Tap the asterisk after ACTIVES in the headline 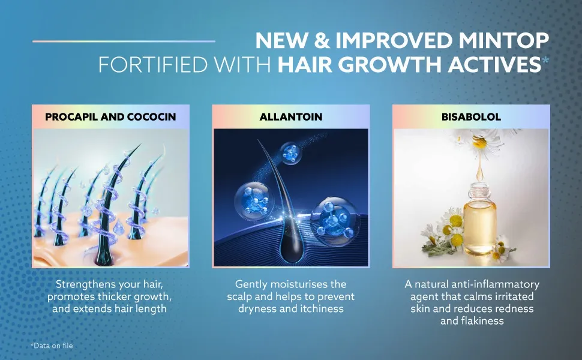tap(545, 61)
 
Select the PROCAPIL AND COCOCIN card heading tap(110, 117)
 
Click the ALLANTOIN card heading tap(291, 117)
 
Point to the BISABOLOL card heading tap(471, 117)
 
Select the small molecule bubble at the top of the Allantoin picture tap(292, 153)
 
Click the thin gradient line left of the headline tap(123, 41)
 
